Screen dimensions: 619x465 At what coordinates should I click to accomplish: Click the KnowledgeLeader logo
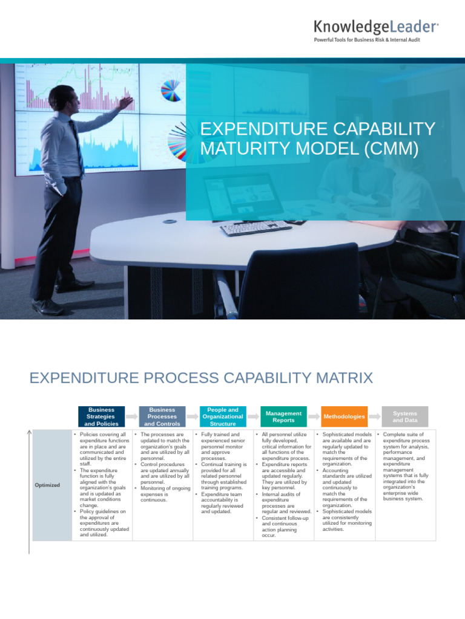(x=376, y=27)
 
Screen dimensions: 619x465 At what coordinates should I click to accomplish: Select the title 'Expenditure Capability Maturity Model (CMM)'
(x=317, y=138)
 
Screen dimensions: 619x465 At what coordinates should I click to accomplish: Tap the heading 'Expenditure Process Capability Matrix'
(x=201, y=378)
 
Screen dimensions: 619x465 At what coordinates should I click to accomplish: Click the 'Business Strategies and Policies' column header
(x=102, y=416)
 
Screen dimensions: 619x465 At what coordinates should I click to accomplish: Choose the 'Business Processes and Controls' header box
(x=162, y=416)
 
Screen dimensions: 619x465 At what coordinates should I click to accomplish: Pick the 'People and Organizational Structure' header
(x=222, y=416)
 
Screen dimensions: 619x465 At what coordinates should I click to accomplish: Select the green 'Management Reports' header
(x=283, y=416)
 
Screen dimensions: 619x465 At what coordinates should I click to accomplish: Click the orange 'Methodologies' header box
(x=344, y=416)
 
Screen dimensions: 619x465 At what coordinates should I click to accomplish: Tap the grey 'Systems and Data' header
(x=404, y=416)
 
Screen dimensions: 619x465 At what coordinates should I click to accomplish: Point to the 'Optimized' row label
(x=47, y=485)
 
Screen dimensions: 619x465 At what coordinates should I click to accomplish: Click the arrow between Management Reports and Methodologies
(x=314, y=416)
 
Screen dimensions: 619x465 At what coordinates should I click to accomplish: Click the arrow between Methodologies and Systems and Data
(x=374, y=416)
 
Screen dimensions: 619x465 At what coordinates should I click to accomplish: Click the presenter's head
(x=62, y=99)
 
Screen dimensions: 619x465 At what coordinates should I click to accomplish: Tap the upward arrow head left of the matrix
(x=29, y=432)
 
